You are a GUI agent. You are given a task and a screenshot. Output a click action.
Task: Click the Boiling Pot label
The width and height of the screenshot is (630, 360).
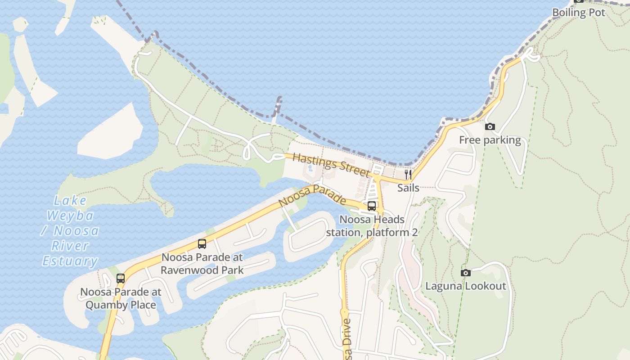(578, 13)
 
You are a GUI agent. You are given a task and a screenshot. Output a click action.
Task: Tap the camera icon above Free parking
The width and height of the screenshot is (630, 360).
(490, 127)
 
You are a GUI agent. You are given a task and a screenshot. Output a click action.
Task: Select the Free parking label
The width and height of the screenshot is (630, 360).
(490, 140)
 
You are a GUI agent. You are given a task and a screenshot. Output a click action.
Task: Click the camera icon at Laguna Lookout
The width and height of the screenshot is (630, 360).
(466, 273)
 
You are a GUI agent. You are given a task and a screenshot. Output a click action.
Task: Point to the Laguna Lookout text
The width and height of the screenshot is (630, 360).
(466, 286)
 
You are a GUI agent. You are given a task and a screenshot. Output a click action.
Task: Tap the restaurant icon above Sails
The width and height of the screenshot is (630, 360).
(408, 175)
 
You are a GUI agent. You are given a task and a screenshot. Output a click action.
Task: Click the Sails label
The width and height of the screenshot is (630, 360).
(408, 188)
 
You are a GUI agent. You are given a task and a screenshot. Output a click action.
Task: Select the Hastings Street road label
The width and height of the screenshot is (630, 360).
(331, 165)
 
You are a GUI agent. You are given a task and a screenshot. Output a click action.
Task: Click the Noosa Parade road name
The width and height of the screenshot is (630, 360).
(312, 196)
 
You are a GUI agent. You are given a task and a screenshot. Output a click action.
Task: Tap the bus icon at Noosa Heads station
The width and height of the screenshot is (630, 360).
(372, 206)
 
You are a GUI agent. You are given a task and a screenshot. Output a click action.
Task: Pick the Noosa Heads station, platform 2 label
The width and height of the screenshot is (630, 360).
(372, 226)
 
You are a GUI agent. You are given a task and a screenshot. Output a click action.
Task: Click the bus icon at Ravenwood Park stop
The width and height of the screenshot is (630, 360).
(202, 244)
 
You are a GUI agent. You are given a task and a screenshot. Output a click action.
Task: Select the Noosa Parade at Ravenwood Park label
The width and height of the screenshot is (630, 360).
(202, 264)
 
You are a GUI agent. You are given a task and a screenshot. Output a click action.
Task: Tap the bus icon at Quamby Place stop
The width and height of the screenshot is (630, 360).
(120, 278)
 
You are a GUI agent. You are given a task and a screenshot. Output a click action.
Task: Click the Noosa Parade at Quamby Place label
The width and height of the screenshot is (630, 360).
(121, 298)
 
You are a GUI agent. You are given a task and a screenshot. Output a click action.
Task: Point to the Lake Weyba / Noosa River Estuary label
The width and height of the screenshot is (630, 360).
(70, 230)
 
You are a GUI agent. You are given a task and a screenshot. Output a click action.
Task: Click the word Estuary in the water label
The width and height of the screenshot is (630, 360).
(70, 261)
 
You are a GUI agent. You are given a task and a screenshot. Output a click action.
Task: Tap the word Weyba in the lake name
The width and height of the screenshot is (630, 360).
(70, 216)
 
